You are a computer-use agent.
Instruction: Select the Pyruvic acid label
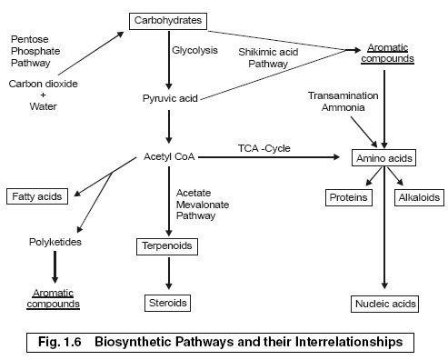169,96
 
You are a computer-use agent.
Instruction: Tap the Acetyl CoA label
169,156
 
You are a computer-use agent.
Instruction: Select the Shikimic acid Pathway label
269,57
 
